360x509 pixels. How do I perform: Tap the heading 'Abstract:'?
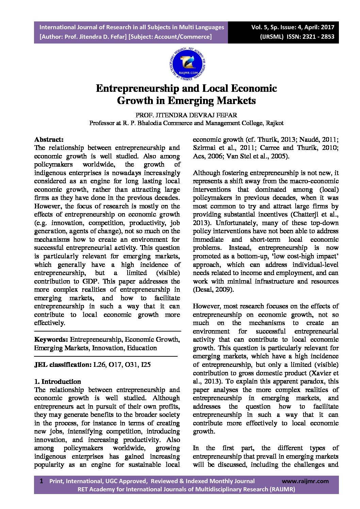pos(49,139)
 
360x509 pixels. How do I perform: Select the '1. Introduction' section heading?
pos(58,381)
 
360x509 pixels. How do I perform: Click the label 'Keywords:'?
pos(51,340)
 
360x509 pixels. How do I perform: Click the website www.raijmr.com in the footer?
pos(305,481)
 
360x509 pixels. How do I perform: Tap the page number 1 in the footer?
pos(42,481)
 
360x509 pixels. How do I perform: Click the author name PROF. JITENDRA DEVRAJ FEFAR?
pos(186,115)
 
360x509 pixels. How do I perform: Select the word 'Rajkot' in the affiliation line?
pos(275,123)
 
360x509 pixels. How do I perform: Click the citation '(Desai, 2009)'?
pos(213,290)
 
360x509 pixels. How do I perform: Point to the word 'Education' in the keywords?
pos(142,348)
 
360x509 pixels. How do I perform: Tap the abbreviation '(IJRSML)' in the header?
pos(272,37)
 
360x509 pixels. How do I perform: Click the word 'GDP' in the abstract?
pos(91,282)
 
